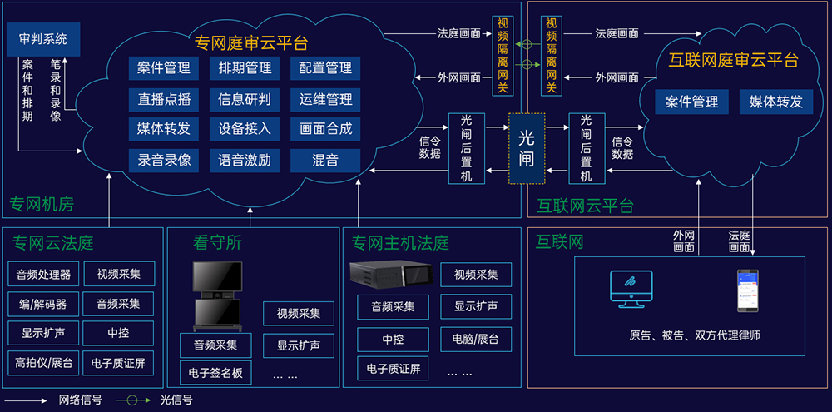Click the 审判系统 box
[x=42, y=38]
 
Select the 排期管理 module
[x=245, y=68]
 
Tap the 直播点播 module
[x=164, y=99]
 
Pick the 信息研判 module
[x=245, y=99]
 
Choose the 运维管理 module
[x=325, y=99]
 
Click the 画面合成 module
[x=325, y=129]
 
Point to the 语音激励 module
[x=245, y=160]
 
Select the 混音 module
[x=325, y=160]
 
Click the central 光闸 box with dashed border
[x=527, y=148]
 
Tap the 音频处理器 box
[x=43, y=274]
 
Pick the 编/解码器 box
[x=43, y=304]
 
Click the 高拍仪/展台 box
[x=43, y=363]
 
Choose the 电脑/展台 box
[x=476, y=339]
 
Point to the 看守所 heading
[x=217, y=243]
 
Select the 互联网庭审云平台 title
[x=734, y=60]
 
